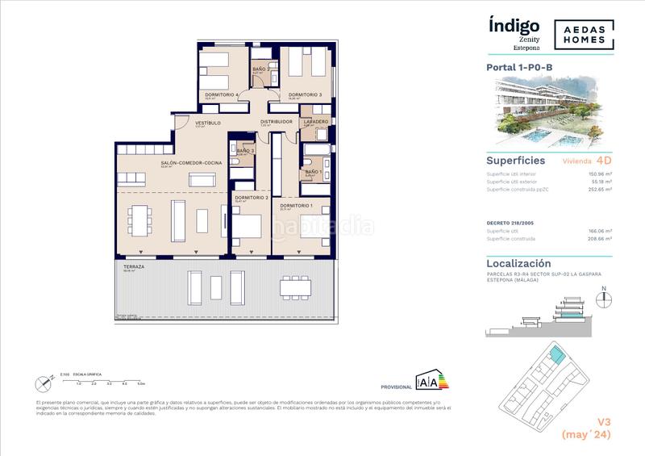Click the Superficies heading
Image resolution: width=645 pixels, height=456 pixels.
[x=518, y=160]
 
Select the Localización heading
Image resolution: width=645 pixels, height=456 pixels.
[x=519, y=263]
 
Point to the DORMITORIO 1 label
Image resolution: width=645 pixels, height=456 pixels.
[x=295, y=206]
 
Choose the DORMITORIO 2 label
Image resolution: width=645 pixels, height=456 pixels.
[x=251, y=198]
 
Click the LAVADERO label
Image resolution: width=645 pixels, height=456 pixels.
[x=314, y=122]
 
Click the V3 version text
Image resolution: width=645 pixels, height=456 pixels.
[x=601, y=420]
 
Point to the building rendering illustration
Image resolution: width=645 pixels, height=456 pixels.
[x=550, y=111]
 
